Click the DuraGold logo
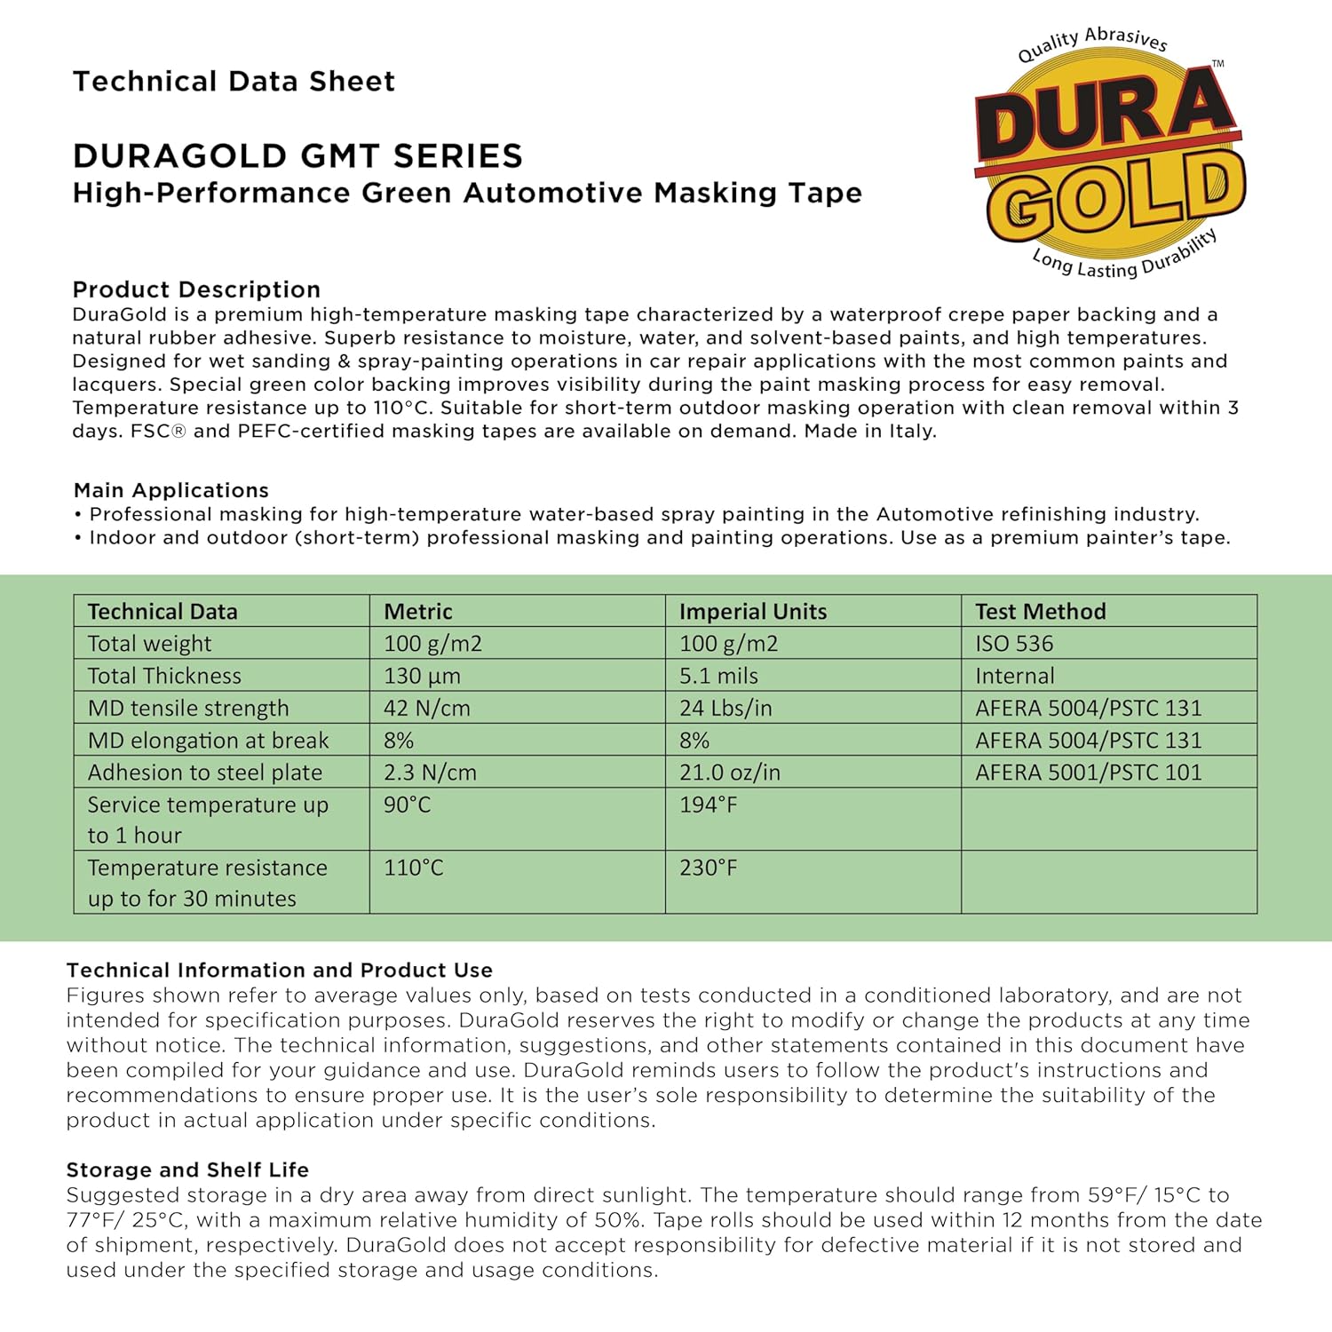point(1110,155)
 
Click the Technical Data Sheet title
point(234,82)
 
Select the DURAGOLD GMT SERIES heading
point(297,156)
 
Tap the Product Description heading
point(196,289)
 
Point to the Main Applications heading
point(170,490)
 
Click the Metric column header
point(417,611)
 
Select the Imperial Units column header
point(752,611)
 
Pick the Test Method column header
point(1040,611)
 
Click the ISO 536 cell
point(1013,643)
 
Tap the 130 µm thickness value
point(422,676)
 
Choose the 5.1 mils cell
point(718,676)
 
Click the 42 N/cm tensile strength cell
point(426,708)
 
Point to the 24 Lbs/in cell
point(725,708)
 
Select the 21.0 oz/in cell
point(729,773)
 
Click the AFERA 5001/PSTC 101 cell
point(1088,773)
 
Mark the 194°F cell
point(708,805)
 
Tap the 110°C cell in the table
point(413,868)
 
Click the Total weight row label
point(149,643)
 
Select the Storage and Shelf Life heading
point(187,1169)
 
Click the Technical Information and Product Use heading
point(279,970)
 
